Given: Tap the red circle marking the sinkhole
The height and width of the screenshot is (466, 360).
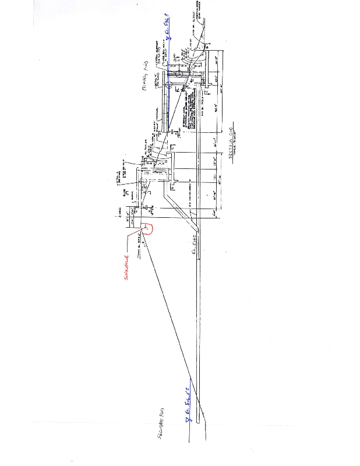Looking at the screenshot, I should coord(148,228).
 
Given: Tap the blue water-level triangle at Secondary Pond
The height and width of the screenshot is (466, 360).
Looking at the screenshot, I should coord(188,418).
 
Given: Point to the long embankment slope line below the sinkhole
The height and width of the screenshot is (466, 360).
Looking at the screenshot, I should coord(169,326).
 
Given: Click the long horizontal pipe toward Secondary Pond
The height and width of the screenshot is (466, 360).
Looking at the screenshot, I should coord(199,326).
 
